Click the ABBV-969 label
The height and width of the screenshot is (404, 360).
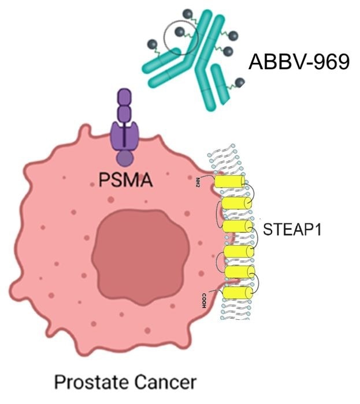(x=299, y=61)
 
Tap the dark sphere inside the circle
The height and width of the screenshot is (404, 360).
(x=180, y=32)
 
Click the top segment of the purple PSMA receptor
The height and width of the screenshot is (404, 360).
(x=124, y=96)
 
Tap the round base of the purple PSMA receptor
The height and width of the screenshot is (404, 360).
(x=123, y=156)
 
